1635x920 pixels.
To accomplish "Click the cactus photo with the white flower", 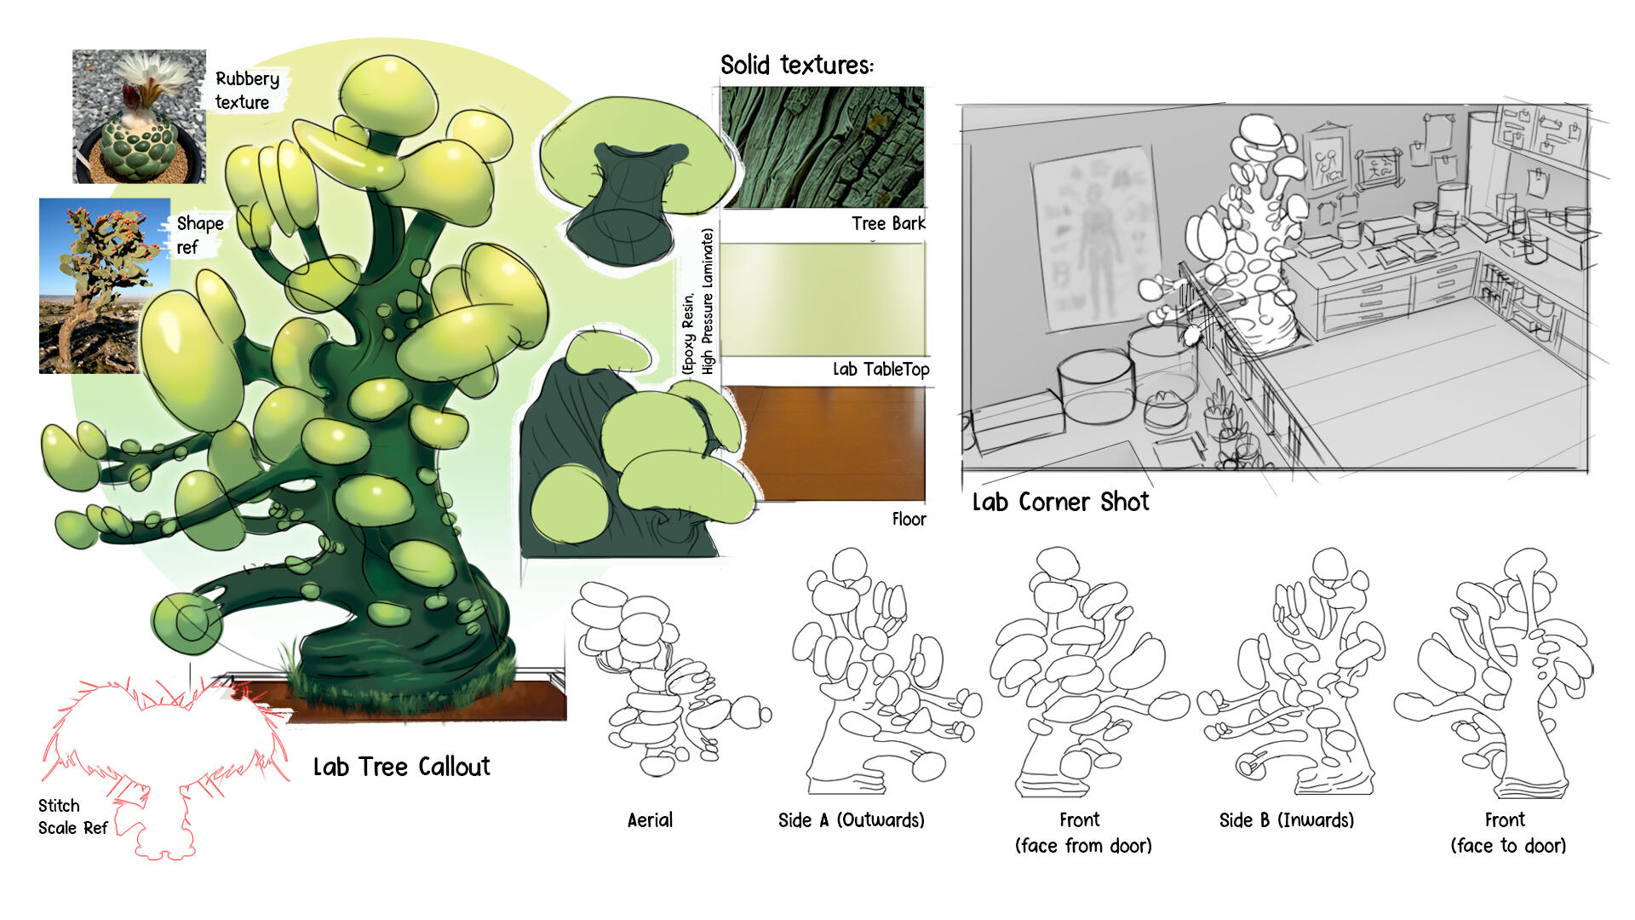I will [x=139, y=116].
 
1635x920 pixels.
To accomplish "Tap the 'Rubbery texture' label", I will [x=246, y=90].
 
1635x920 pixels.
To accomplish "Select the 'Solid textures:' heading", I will [x=796, y=66].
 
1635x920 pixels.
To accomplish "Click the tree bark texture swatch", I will [x=823, y=147].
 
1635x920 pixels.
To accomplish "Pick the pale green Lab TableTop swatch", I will [x=823, y=299].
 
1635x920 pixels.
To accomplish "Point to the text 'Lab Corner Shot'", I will [x=1060, y=502].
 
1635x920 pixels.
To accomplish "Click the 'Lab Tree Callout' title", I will [x=401, y=767].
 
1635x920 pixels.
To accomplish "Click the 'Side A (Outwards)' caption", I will [x=851, y=820].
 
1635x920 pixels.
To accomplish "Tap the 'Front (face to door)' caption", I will [x=1507, y=832].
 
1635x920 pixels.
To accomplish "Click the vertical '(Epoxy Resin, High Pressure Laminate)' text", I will [x=698, y=302].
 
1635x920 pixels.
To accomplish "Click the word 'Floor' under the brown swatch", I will [x=909, y=519].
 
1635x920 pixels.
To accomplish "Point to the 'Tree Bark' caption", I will [x=887, y=223].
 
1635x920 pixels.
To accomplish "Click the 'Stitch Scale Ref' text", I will [x=72, y=816].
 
